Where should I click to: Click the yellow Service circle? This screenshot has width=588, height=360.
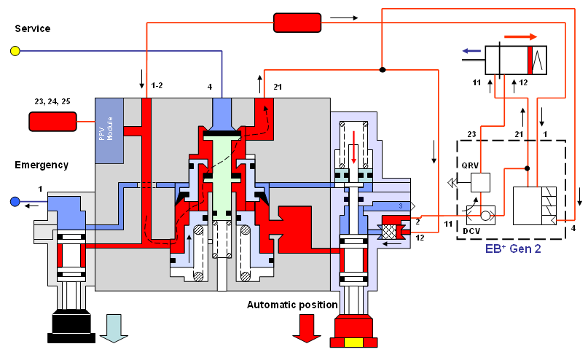(14, 51)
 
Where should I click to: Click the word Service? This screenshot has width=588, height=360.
(32, 28)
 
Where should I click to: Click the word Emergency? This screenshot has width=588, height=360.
(42, 165)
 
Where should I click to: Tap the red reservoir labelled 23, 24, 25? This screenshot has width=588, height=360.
(52, 122)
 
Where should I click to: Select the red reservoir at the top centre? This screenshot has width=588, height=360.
(297, 23)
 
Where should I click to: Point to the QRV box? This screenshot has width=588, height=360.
(479, 182)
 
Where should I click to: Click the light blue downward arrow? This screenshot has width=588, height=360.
(114, 326)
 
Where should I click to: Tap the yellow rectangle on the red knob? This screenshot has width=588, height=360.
(354, 343)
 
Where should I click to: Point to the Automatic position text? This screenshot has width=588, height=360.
(291, 304)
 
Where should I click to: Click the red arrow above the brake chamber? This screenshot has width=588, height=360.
(521, 36)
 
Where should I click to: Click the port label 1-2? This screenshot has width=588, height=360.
(156, 86)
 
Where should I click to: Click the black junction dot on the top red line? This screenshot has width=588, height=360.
(381, 70)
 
